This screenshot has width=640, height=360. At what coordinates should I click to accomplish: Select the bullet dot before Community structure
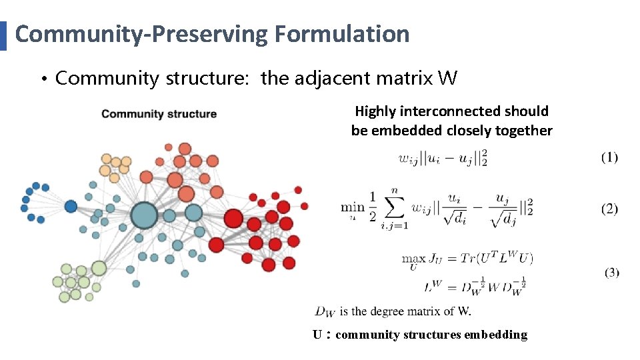pyautogui.click(x=42, y=80)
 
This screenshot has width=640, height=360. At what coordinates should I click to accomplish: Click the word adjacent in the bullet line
pyautogui.click(x=328, y=79)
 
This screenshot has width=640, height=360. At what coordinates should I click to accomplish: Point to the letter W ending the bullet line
pyautogui.click(x=448, y=79)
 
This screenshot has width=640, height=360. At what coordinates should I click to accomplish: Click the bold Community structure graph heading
pyautogui.click(x=159, y=114)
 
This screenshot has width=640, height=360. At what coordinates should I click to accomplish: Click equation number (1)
pyautogui.click(x=609, y=157)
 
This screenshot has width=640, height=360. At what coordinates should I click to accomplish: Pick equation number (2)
pyautogui.click(x=609, y=209)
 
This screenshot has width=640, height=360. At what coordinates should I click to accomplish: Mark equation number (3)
pyautogui.click(x=611, y=273)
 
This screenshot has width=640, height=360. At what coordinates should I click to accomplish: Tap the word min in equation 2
pyautogui.click(x=352, y=207)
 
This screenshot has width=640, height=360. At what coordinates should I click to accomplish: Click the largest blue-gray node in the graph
pyautogui.click(x=143, y=216)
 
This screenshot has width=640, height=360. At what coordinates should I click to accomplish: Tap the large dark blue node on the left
pyautogui.click(x=71, y=207)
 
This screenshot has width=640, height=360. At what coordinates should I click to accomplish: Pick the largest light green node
pyautogui.click(x=99, y=268)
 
